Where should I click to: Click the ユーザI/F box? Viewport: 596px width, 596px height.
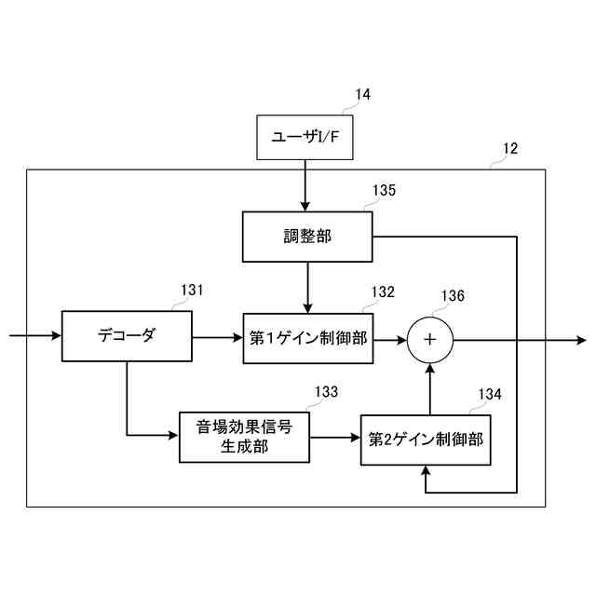point(305,137)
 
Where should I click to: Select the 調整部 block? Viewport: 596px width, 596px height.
point(307,237)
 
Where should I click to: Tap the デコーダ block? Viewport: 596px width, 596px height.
point(126,337)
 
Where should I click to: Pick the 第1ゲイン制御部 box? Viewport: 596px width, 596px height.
point(307,338)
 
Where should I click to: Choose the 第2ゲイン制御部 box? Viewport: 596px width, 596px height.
point(426,439)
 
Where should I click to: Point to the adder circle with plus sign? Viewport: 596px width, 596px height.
point(429,339)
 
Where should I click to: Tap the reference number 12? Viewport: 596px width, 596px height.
point(510,148)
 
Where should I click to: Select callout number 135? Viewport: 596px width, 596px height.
point(384,191)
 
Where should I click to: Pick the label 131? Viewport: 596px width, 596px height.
point(191,291)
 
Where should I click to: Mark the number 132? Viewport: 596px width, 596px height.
point(383,291)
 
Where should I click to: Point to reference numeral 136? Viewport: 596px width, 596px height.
point(453,296)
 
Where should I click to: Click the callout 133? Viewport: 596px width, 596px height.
point(326,392)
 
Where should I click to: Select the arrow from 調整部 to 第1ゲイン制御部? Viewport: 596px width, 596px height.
point(307,287)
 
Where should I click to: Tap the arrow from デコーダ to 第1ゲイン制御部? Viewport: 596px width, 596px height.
point(216,338)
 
